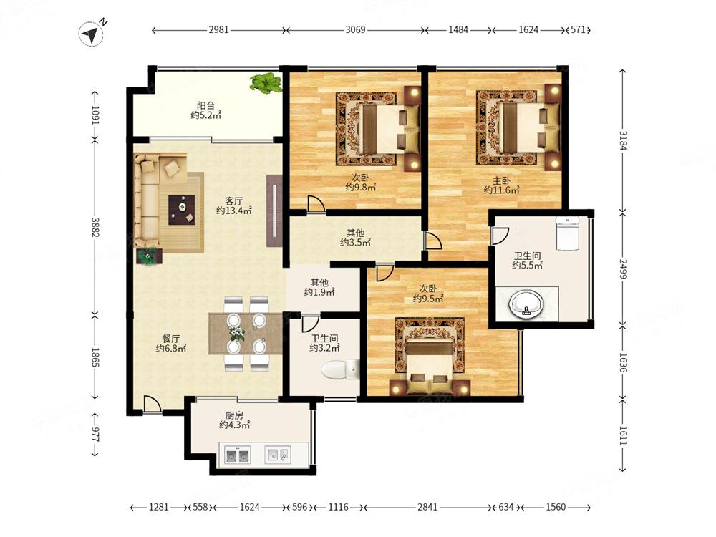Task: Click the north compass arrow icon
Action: pyautogui.click(x=92, y=34)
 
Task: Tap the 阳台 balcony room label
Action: pyautogui.click(x=205, y=105)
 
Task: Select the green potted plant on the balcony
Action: pyautogui.click(x=266, y=82)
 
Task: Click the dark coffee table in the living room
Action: pyautogui.click(x=182, y=210)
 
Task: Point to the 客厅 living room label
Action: pyautogui.click(x=234, y=201)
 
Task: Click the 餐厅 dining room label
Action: pyautogui.click(x=171, y=339)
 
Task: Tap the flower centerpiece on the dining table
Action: pyautogui.click(x=236, y=334)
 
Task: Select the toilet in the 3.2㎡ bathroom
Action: pyautogui.click(x=339, y=370)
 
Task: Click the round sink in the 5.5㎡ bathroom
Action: pyautogui.click(x=526, y=304)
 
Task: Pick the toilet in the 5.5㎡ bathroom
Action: pyautogui.click(x=567, y=233)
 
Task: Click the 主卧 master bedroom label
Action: pyautogui.click(x=501, y=181)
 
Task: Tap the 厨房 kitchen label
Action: pyautogui.click(x=234, y=415)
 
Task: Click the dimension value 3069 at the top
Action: pyautogui.click(x=355, y=29)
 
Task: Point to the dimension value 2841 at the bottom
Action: pyautogui.click(x=427, y=507)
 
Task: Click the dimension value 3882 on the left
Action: pyautogui.click(x=95, y=227)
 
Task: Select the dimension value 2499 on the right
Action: pyautogui.click(x=624, y=269)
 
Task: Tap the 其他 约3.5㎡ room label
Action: pyautogui.click(x=355, y=238)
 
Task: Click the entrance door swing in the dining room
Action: pyautogui.click(x=152, y=404)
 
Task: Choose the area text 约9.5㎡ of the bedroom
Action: pyautogui.click(x=428, y=299)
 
